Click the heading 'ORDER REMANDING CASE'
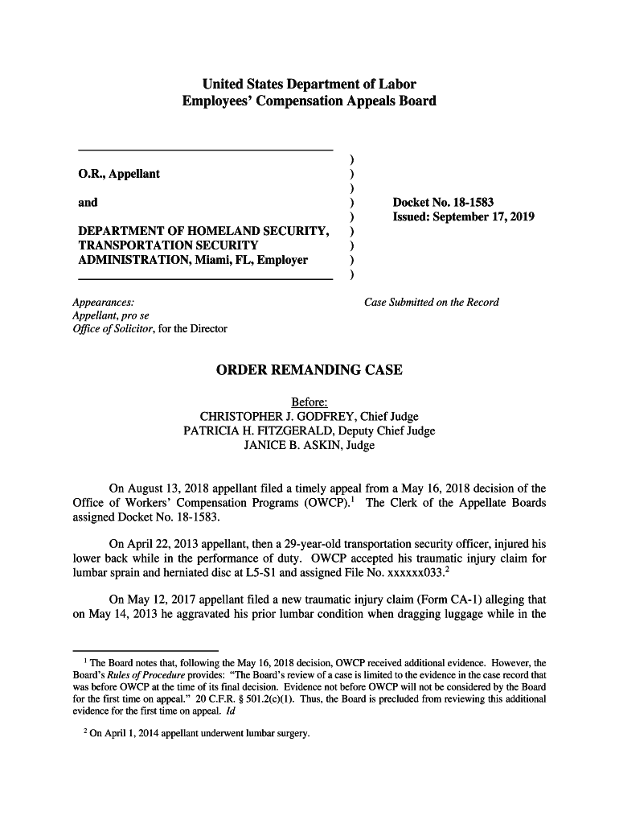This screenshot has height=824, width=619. coord(309,371)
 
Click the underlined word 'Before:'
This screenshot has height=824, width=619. coord(309,402)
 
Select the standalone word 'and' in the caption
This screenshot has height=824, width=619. coord(88,203)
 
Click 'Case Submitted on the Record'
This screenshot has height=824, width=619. coord(432,303)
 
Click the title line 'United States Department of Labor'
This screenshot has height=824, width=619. coord(309,84)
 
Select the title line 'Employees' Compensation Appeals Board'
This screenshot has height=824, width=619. coord(309,101)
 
